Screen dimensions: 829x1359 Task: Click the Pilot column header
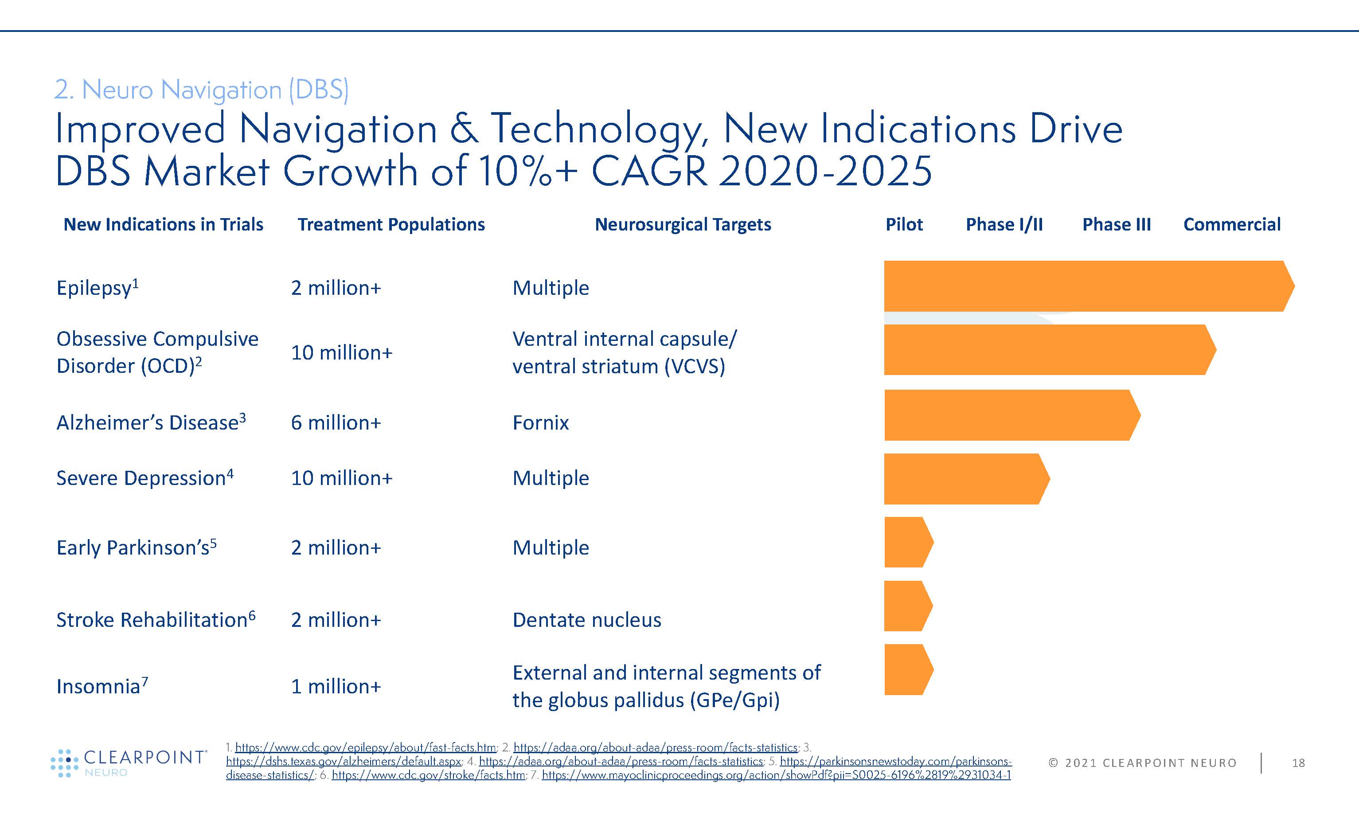tap(904, 224)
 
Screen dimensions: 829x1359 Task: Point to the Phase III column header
tap(1116, 224)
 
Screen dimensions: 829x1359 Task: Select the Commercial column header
tap(1232, 224)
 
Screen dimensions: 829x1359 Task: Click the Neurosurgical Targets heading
tap(683, 224)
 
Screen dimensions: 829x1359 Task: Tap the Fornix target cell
tap(540, 422)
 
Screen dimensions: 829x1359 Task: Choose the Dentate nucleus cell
tap(586, 620)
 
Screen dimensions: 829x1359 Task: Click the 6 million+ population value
tap(336, 422)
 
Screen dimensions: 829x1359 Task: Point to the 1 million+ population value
tap(336, 686)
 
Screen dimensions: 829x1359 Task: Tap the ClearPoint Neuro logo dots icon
tap(65, 763)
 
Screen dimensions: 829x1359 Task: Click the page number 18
tap(1298, 763)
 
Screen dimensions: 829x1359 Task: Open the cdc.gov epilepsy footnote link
tap(365, 748)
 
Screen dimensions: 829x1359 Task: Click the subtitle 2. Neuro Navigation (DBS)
tap(201, 90)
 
